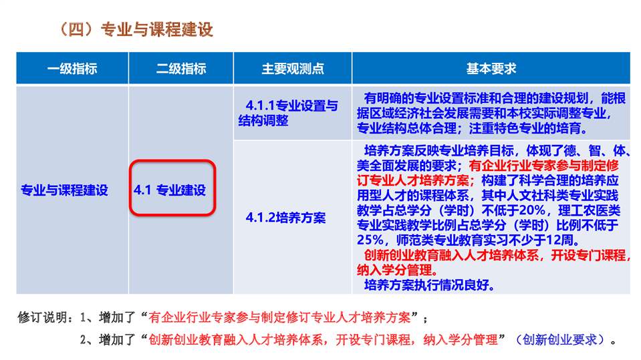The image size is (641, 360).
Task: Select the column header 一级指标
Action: click(72, 69)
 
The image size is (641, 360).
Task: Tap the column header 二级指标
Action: click(181, 69)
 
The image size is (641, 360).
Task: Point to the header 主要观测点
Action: click(293, 69)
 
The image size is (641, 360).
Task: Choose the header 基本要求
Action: click(491, 69)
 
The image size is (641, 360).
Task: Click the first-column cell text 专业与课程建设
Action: click(64, 190)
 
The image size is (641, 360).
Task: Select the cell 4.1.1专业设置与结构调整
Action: click(288, 113)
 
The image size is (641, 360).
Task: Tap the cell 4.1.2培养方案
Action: click(286, 218)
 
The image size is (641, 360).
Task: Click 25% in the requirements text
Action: click(370, 240)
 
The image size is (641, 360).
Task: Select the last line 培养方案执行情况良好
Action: click(429, 285)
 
